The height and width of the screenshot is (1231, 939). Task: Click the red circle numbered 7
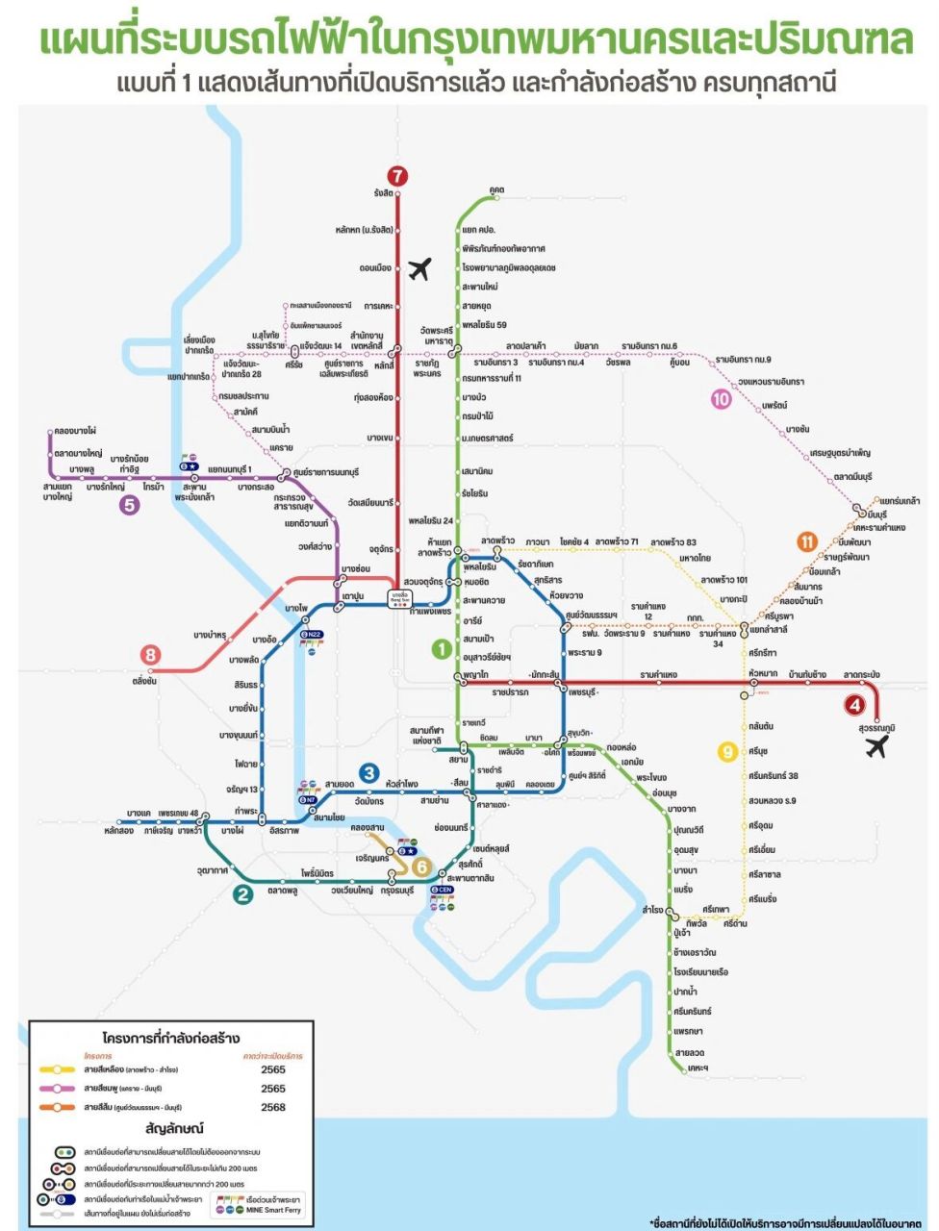pos(398,176)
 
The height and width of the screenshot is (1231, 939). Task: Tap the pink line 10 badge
pos(722,398)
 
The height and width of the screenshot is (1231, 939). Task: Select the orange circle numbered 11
pos(807,542)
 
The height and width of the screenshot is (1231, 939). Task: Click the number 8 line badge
pos(150,655)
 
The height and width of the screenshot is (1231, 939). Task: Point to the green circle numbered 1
pos(441,649)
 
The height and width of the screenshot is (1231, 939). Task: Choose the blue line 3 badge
pos(368,772)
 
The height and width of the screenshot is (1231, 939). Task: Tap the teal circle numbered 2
pos(243,894)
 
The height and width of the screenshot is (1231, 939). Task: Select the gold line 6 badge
pos(420,867)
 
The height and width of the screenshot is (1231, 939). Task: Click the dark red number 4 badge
pos(854,705)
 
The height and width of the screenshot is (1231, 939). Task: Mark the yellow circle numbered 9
pos(728,752)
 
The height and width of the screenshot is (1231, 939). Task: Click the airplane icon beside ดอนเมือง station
pos(419,269)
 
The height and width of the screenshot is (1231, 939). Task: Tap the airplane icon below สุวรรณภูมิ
pos(876,746)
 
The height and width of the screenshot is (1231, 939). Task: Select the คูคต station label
pos(496,189)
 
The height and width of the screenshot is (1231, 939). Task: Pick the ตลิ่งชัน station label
pos(144,680)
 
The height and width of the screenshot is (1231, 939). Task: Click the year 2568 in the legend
pos(273,1107)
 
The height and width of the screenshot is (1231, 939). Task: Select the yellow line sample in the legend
pos(58,1069)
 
